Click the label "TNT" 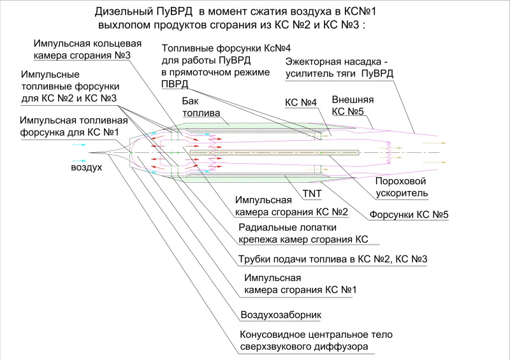(x=312, y=194)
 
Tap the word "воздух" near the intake (x=86, y=167)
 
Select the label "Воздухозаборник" (x=280, y=315)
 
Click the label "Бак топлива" (x=201, y=107)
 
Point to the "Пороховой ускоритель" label (x=402, y=187)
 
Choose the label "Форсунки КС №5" (x=409, y=215)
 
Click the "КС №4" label (x=300, y=103)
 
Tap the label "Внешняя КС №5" (x=353, y=105)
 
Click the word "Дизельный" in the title (x=124, y=11)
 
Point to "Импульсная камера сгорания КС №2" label (x=291, y=206)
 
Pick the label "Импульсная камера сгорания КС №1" (x=300, y=284)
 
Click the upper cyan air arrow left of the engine (x=79, y=145)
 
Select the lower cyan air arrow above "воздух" (x=79, y=161)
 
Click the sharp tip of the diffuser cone (x=89, y=152)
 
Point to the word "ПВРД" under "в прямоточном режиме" (x=175, y=84)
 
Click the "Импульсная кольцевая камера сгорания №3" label (x=87, y=49)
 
